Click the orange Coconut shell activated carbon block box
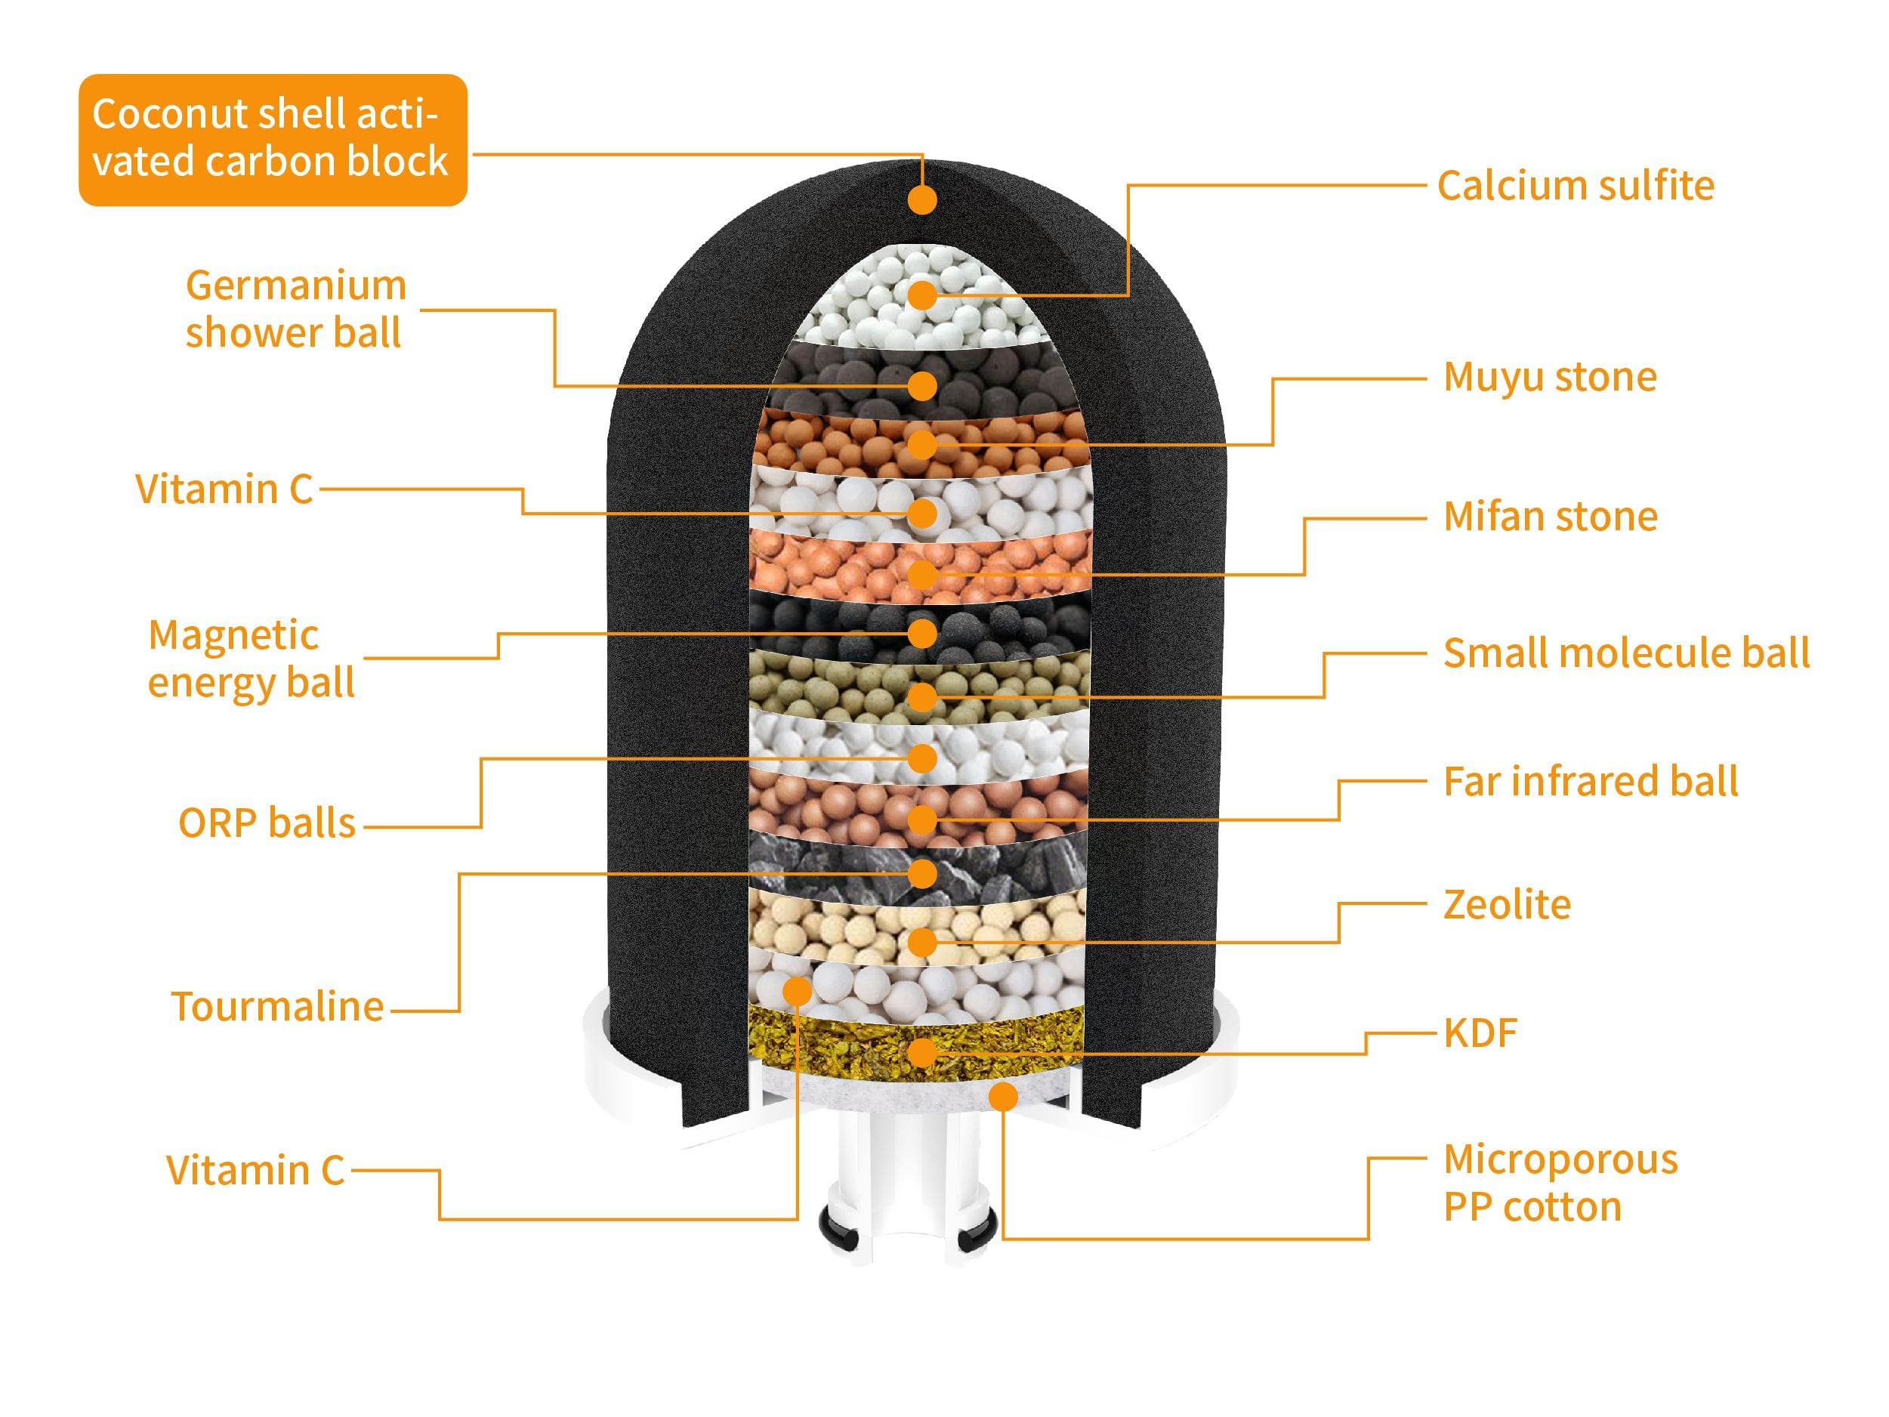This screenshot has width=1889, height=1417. [273, 139]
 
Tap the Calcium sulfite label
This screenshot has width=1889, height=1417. [1575, 185]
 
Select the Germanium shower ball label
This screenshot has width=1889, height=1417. [295, 308]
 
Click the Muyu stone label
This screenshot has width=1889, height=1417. [1549, 377]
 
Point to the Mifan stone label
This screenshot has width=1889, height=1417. [1550, 517]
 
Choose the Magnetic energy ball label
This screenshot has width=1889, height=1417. [250, 659]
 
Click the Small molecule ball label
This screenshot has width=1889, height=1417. [1626, 653]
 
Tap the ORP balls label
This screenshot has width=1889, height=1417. [267, 823]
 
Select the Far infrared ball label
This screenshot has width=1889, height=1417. [1590, 782]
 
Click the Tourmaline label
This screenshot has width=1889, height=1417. [276, 1006]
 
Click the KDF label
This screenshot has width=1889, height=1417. [1480, 1033]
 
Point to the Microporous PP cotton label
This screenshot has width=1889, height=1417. [1560, 1183]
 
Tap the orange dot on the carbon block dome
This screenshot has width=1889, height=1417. [922, 200]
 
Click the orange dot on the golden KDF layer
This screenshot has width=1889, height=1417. [922, 1052]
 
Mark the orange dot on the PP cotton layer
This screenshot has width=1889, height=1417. [1004, 1096]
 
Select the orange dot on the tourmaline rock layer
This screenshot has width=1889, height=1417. [922, 873]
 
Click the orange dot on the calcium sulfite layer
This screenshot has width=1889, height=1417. [922, 295]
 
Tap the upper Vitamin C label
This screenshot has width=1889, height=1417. [224, 489]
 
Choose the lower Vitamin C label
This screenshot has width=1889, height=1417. [255, 1170]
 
